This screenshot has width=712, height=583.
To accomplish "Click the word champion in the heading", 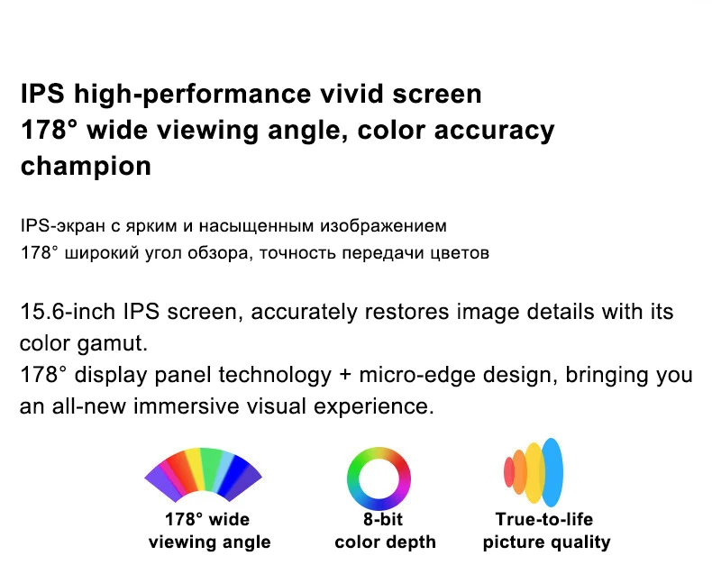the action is pos(86,167).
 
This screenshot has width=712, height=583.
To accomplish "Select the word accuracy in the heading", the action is pos(494,132).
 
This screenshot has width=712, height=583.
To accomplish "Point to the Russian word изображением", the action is pos(383,226).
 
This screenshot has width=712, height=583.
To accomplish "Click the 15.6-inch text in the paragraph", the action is pos(68,312).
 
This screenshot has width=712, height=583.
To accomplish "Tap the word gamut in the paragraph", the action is pos(112,343).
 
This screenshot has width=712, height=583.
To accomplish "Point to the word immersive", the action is pos(187,406).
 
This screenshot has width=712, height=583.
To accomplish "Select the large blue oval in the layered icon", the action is pos(552,472).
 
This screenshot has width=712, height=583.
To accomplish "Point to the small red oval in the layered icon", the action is pos(508,472).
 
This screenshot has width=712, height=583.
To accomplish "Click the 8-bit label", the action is pos(383,519).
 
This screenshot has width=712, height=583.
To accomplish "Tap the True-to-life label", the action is pos(544,519).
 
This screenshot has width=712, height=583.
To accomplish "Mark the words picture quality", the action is pos(546,542).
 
